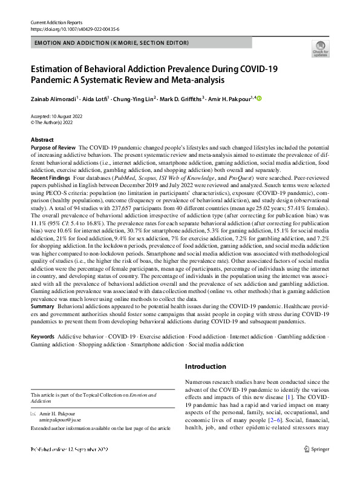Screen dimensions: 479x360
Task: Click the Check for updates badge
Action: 320,48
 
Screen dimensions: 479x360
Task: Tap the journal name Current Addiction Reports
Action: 56,22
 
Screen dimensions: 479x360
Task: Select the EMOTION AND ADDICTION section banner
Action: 112,43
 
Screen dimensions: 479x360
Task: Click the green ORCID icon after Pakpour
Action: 260,99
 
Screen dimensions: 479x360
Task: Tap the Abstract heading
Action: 42,140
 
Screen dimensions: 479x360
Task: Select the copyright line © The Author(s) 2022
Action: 56,122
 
